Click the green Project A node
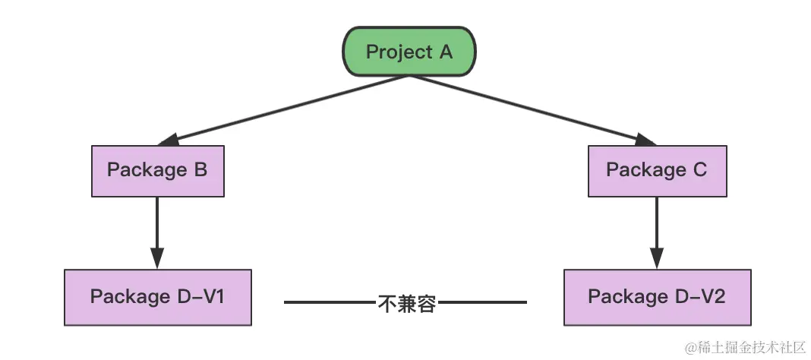pyautogui.click(x=409, y=52)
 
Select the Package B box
pyautogui.click(x=158, y=170)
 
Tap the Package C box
pyautogui.click(x=657, y=170)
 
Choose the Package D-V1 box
pyautogui.click(x=157, y=296)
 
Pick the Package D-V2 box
pyautogui.click(x=657, y=296)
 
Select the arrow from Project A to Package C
pyautogui.click(x=532, y=107)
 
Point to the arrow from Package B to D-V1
pyautogui.click(x=157, y=228)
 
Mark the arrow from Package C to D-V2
pyautogui.click(x=657, y=228)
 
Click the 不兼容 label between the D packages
pyautogui.click(x=406, y=303)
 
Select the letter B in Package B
pyautogui.click(x=200, y=169)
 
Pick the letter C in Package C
pyautogui.click(x=699, y=169)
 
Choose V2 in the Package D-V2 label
pyautogui.click(x=714, y=296)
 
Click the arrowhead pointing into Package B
pyautogui.click(x=166, y=140)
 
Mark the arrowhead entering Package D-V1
pyautogui.click(x=157, y=258)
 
